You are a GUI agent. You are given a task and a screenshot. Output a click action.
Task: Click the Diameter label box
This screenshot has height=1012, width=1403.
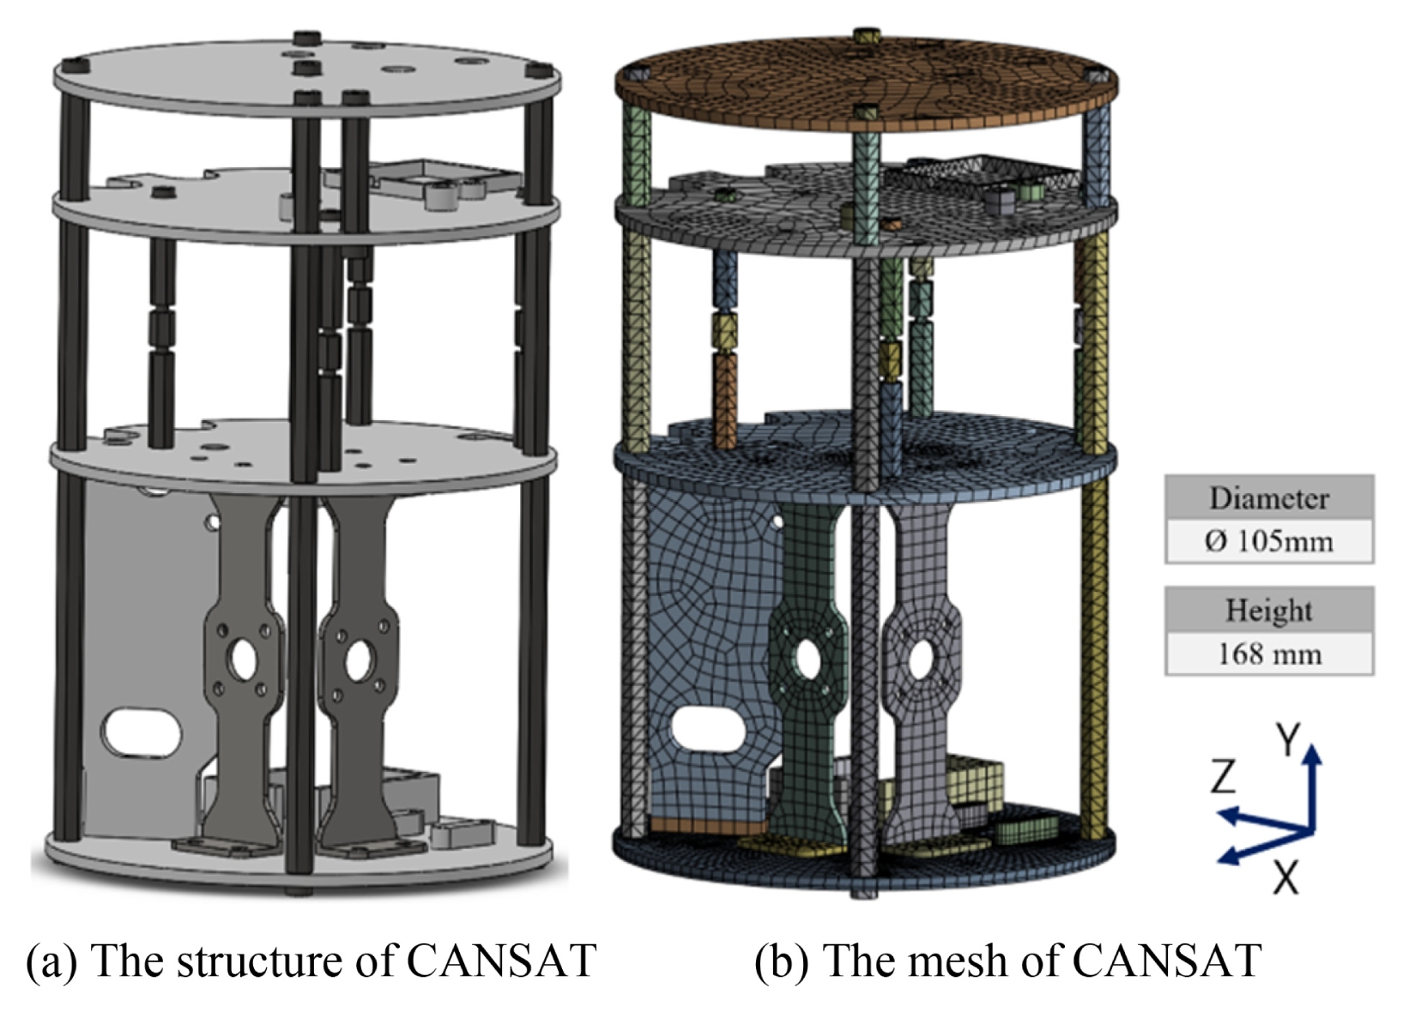pyautogui.click(x=1269, y=497)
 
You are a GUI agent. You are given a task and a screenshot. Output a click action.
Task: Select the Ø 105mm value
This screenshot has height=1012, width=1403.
pyautogui.click(x=1269, y=541)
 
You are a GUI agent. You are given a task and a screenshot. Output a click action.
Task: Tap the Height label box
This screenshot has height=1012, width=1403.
pyautogui.click(x=1269, y=610)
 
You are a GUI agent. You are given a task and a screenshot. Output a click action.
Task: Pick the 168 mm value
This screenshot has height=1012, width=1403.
pyautogui.click(x=1269, y=654)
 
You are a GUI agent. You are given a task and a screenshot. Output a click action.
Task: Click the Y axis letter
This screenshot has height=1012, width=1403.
pyautogui.click(x=1289, y=739)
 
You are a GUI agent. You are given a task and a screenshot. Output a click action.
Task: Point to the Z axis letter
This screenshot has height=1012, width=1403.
pyautogui.click(x=1223, y=776)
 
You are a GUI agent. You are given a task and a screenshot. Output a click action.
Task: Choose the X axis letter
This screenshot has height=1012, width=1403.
pyautogui.click(x=1286, y=876)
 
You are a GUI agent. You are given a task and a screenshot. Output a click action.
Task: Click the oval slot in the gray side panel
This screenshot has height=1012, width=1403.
pyautogui.click(x=142, y=732)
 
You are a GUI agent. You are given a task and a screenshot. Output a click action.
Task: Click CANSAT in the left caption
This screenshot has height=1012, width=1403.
pyautogui.click(x=501, y=961)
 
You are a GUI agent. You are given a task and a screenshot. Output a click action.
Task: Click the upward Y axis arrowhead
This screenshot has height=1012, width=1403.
pyautogui.click(x=1312, y=754)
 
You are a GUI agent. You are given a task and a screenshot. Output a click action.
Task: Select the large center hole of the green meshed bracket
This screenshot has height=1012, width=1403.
pyautogui.click(x=808, y=660)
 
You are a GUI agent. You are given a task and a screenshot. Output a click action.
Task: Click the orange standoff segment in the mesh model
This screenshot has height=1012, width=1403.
pyautogui.click(x=725, y=401)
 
